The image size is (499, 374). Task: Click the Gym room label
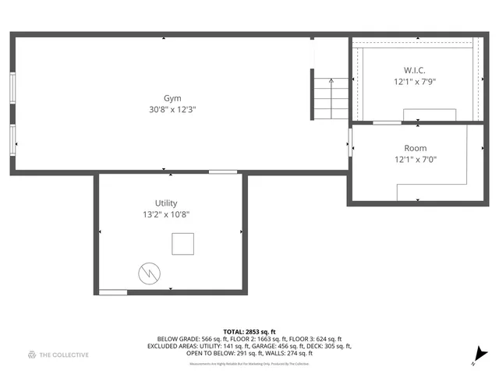coord(172,98)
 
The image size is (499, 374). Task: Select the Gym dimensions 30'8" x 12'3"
coord(172,110)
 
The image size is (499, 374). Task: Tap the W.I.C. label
coord(414,70)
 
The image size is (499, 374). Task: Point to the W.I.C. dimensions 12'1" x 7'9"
coord(414,82)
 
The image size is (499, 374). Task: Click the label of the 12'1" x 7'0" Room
coord(415,148)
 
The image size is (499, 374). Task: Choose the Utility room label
coord(166,203)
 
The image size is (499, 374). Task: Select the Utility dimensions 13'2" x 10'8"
coord(166,214)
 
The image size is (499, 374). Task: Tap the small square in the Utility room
coord(183,244)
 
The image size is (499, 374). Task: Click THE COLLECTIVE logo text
coord(64,355)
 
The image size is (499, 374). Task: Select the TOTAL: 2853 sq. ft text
coord(249,332)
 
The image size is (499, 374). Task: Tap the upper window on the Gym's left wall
coord(12,87)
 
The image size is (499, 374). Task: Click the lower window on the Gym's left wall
coord(12,140)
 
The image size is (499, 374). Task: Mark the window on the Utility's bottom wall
coord(113,292)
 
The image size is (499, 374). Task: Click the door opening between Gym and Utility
coord(223,172)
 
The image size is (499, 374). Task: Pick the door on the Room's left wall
coord(350,142)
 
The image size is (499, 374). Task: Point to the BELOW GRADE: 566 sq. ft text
coord(179,339)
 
